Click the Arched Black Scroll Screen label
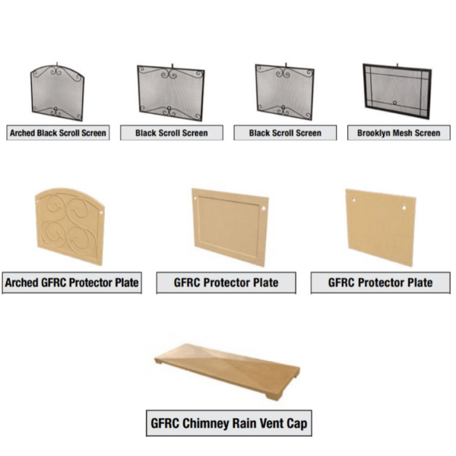[58, 133]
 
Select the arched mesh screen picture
[57, 92]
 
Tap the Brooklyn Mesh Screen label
[399, 133]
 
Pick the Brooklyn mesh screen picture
[397, 91]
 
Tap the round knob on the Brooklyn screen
[394, 103]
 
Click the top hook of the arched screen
[57, 64]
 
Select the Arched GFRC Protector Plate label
[72, 283]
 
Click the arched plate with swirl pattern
[70, 226]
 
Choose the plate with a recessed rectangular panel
[230, 227]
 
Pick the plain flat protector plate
[381, 227]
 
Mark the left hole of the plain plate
[353, 200]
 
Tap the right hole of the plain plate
[404, 207]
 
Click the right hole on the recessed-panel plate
[264, 208]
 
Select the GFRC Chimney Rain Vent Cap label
[229, 423]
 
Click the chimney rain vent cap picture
[227, 372]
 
